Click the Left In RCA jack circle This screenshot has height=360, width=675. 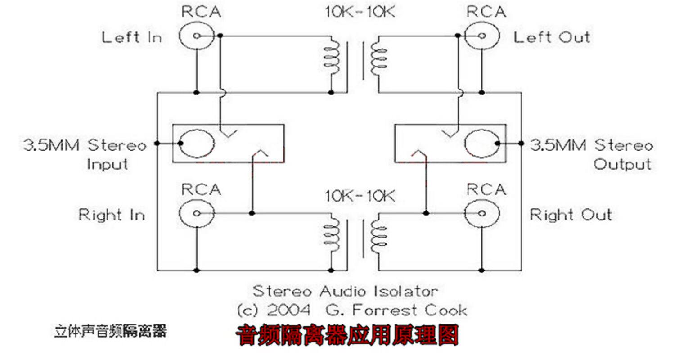[x=196, y=36]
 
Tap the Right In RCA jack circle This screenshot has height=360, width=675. [x=196, y=213]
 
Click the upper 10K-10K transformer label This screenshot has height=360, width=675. [x=360, y=12]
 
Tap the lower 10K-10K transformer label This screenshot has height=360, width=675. [x=360, y=196]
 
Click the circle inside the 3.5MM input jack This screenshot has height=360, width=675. [x=197, y=144]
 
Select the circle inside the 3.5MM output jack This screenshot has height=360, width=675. [x=481, y=144]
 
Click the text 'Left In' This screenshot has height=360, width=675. [x=131, y=37]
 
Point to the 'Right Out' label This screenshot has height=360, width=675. [x=571, y=215]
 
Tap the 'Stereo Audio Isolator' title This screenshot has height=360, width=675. [x=345, y=291]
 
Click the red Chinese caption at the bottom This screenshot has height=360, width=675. [x=347, y=335]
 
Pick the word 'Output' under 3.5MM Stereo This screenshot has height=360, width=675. [x=622, y=164]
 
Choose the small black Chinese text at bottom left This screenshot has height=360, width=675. [x=111, y=332]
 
